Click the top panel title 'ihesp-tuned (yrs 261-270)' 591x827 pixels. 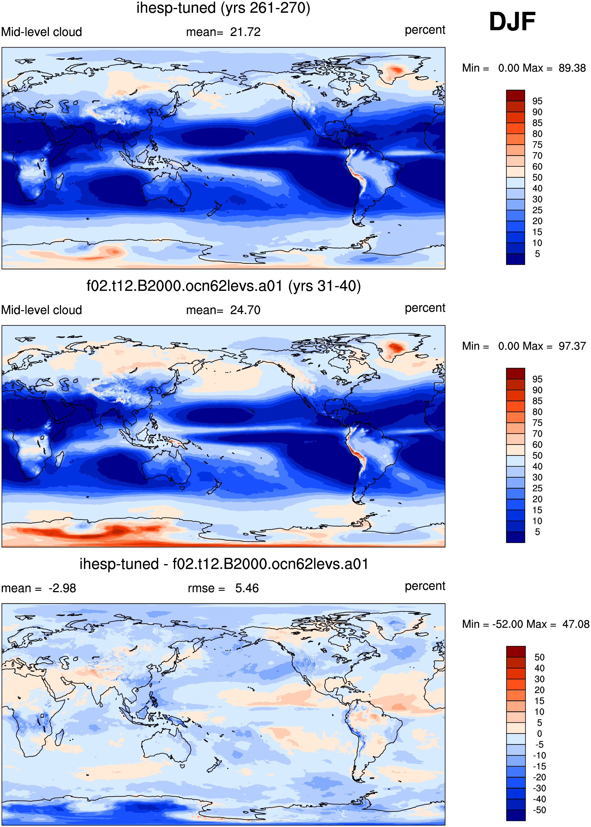pyautogui.click(x=223, y=8)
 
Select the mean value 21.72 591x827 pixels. pyautogui.click(x=245, y=32)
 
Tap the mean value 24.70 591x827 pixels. pyautogui.click(x=245, y=310)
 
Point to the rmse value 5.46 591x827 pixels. pyautogui.click(x=247, y=588)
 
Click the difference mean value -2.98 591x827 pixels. pyautogui.click(x=62, y=588)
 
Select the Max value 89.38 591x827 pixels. pyautogui.click(x=572, y=68)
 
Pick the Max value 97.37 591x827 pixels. pyautogui.click(x=572, y=346)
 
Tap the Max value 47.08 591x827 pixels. pyautogui.click(x=576, y=624)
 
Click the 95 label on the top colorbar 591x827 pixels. pyautogui.click(x=537, y=101)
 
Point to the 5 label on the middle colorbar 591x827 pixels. pyautogui.click(x=537, y=532)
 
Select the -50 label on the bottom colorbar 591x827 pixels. pyautogui.click(x=539, y=810)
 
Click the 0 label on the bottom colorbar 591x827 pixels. pyautogui.click(x=540, y=734)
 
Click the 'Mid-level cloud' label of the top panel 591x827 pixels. pyautogui.click(x=41, y=32)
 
